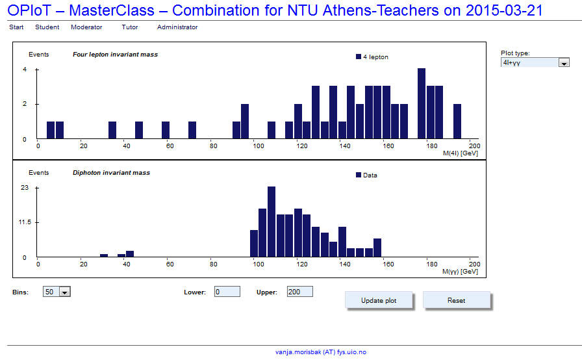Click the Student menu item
pyautogui.click(x=47, y=27)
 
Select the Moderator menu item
pyautogui.click(x=86, y=27)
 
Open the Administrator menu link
pyautogui.click(x=177, y=27)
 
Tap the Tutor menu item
pyautogui.click(x=130, y=27)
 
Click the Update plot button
pyautogui.click(x=379, y=300)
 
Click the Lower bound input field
pyautogui.click(x=227, y=292)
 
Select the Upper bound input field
pyautogui.click(x=300, y=292)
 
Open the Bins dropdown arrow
pyautogui.click(x=65, y=292)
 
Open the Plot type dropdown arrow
pyautogui.click(x=564, y=63)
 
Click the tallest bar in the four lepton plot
pyautogui.click(x=422, y=103)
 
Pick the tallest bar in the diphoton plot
pyautogui.click(x=272, y=222)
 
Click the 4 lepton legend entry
pyautogui.click(x=372, y=57)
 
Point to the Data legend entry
pyautogui.click(x=366, y=175)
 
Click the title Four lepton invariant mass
pyautogui.click(x=115, y=55)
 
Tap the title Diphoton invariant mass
pyautogui.click(x=111, y=173)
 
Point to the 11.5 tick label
pyautogui.click(x=25, y=222)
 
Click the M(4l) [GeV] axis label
pyautogui.click(x=461, y=153)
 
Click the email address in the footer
pyautogui.click(x=321, y=352)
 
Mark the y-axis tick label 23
pyautogui.click(x=25, y=188)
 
